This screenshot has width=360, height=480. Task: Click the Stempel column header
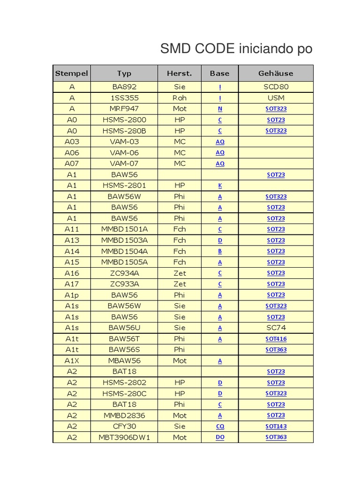click(72, 73)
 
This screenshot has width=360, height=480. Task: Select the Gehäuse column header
click(276, 73)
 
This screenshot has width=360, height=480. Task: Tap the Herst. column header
click(180, 73)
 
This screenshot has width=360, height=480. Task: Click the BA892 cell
click(124, 87)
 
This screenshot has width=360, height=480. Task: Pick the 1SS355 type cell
click(124, 98)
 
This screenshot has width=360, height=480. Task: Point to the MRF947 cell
click(124, 109)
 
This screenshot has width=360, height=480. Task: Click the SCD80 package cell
click(276, 87)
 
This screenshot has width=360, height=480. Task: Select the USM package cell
click(276, 98)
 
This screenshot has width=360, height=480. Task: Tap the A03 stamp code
click(72, 142)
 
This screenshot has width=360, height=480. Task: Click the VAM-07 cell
click(124, 164)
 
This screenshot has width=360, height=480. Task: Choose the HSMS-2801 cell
click(124, 186)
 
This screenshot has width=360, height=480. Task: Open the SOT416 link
click(276, 339)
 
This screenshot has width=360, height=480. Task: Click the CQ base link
click(220, 427)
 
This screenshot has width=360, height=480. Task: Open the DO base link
click(220, 437)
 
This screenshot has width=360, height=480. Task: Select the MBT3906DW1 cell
click(124, 437)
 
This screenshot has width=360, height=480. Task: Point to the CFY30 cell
click(124, 427)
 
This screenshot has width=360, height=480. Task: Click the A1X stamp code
click(72, 361)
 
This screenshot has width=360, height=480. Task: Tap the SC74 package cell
click(276, 328)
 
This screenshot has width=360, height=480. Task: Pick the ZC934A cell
click(124, 273)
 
